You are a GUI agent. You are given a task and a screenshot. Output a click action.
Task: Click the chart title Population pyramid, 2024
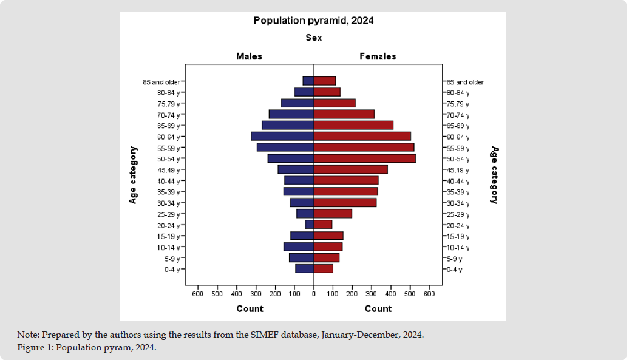point(313,21)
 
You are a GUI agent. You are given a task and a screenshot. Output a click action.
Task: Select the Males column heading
point(249,56)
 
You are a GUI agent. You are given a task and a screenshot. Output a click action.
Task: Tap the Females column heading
point(378,56)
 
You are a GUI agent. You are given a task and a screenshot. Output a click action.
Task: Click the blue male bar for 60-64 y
point(282,137)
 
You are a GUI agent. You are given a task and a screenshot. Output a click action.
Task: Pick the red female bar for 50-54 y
point(364,158)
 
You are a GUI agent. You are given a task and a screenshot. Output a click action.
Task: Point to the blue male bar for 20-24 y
point(309,225)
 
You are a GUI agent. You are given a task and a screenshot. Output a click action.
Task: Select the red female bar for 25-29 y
point(333,214)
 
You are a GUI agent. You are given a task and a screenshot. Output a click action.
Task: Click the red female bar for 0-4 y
point(323,269)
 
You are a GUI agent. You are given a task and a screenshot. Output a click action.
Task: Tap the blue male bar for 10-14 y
point(298,247)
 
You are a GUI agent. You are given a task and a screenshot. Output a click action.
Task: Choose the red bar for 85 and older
point(324,81)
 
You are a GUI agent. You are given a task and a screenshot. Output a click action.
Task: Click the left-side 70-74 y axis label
point(169,115)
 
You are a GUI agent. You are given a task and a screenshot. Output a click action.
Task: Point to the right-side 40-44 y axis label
point(458,181)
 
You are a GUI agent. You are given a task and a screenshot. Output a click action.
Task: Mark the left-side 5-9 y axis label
point(172,259)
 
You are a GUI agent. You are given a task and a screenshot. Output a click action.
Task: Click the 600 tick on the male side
point(197,294)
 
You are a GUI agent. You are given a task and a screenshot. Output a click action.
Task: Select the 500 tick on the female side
point(410,294)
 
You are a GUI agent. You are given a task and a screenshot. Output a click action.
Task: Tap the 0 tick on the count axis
point(313,294)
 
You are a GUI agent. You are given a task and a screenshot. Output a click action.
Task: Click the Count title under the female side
point(378,309)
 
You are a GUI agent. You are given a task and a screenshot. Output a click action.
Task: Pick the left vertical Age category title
point(133,175)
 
